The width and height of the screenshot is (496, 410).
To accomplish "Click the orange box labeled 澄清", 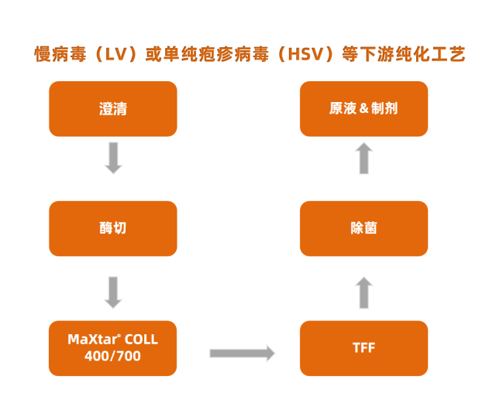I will (x=113, y=109).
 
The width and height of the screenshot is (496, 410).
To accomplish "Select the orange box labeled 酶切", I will (x=113, y=228).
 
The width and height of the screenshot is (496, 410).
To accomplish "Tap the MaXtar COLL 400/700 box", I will (x=113, y=347).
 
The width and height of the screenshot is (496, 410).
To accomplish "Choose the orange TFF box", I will (x=363, y=347).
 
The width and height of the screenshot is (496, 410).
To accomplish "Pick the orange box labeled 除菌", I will (x=363, y=228).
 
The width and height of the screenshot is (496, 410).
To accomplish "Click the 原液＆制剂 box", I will (x=363, y=109).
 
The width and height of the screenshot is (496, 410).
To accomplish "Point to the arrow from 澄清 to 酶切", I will (x=113, y=158).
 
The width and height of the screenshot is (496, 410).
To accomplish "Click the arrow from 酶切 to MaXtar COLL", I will (x=113, y=292).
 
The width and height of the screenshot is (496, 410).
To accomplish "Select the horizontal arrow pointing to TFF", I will (x=242, y=354).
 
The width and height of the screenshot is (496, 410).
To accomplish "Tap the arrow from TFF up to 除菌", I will (x=364, y=293).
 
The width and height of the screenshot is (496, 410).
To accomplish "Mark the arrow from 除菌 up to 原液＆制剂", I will (x=364, y=159).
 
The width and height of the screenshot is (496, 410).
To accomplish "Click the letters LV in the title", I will (x=115, y=54).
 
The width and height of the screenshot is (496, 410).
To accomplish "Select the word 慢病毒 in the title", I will (x=59, y=54).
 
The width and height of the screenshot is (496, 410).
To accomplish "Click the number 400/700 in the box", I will (x=113, y=356).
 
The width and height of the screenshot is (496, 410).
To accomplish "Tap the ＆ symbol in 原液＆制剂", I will (x=363, y=109).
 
